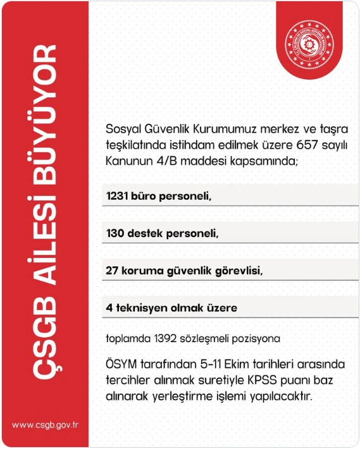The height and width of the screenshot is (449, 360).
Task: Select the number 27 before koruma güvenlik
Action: pos(113,271)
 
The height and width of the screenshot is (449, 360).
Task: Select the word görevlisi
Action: pos(239,271)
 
